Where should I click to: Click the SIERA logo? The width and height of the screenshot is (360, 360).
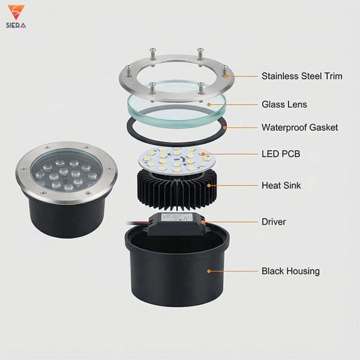[16, 17]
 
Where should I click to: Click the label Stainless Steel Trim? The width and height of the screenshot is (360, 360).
[302, 76]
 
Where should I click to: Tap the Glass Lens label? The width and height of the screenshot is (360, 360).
[284, 104]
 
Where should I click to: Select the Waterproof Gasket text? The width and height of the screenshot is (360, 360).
[300, 127]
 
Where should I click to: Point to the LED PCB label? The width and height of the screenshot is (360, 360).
[281, 154]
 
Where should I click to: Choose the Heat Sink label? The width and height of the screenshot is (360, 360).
[281, 185]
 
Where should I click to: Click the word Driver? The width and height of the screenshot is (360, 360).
[274, 222]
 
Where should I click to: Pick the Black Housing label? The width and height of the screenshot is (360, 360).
[291, 271]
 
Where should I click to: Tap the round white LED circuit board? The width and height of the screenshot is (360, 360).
[177, 161]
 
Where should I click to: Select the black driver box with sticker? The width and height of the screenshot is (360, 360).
[177, 224]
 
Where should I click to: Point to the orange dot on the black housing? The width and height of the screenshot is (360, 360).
[209, 271]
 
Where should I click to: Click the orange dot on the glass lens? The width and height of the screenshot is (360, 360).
[209, 105]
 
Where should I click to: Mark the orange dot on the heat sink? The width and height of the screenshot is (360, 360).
[209, 185]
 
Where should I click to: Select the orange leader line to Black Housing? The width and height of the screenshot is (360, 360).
[233, 271]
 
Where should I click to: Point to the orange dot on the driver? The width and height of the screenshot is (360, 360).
[203, 222]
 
